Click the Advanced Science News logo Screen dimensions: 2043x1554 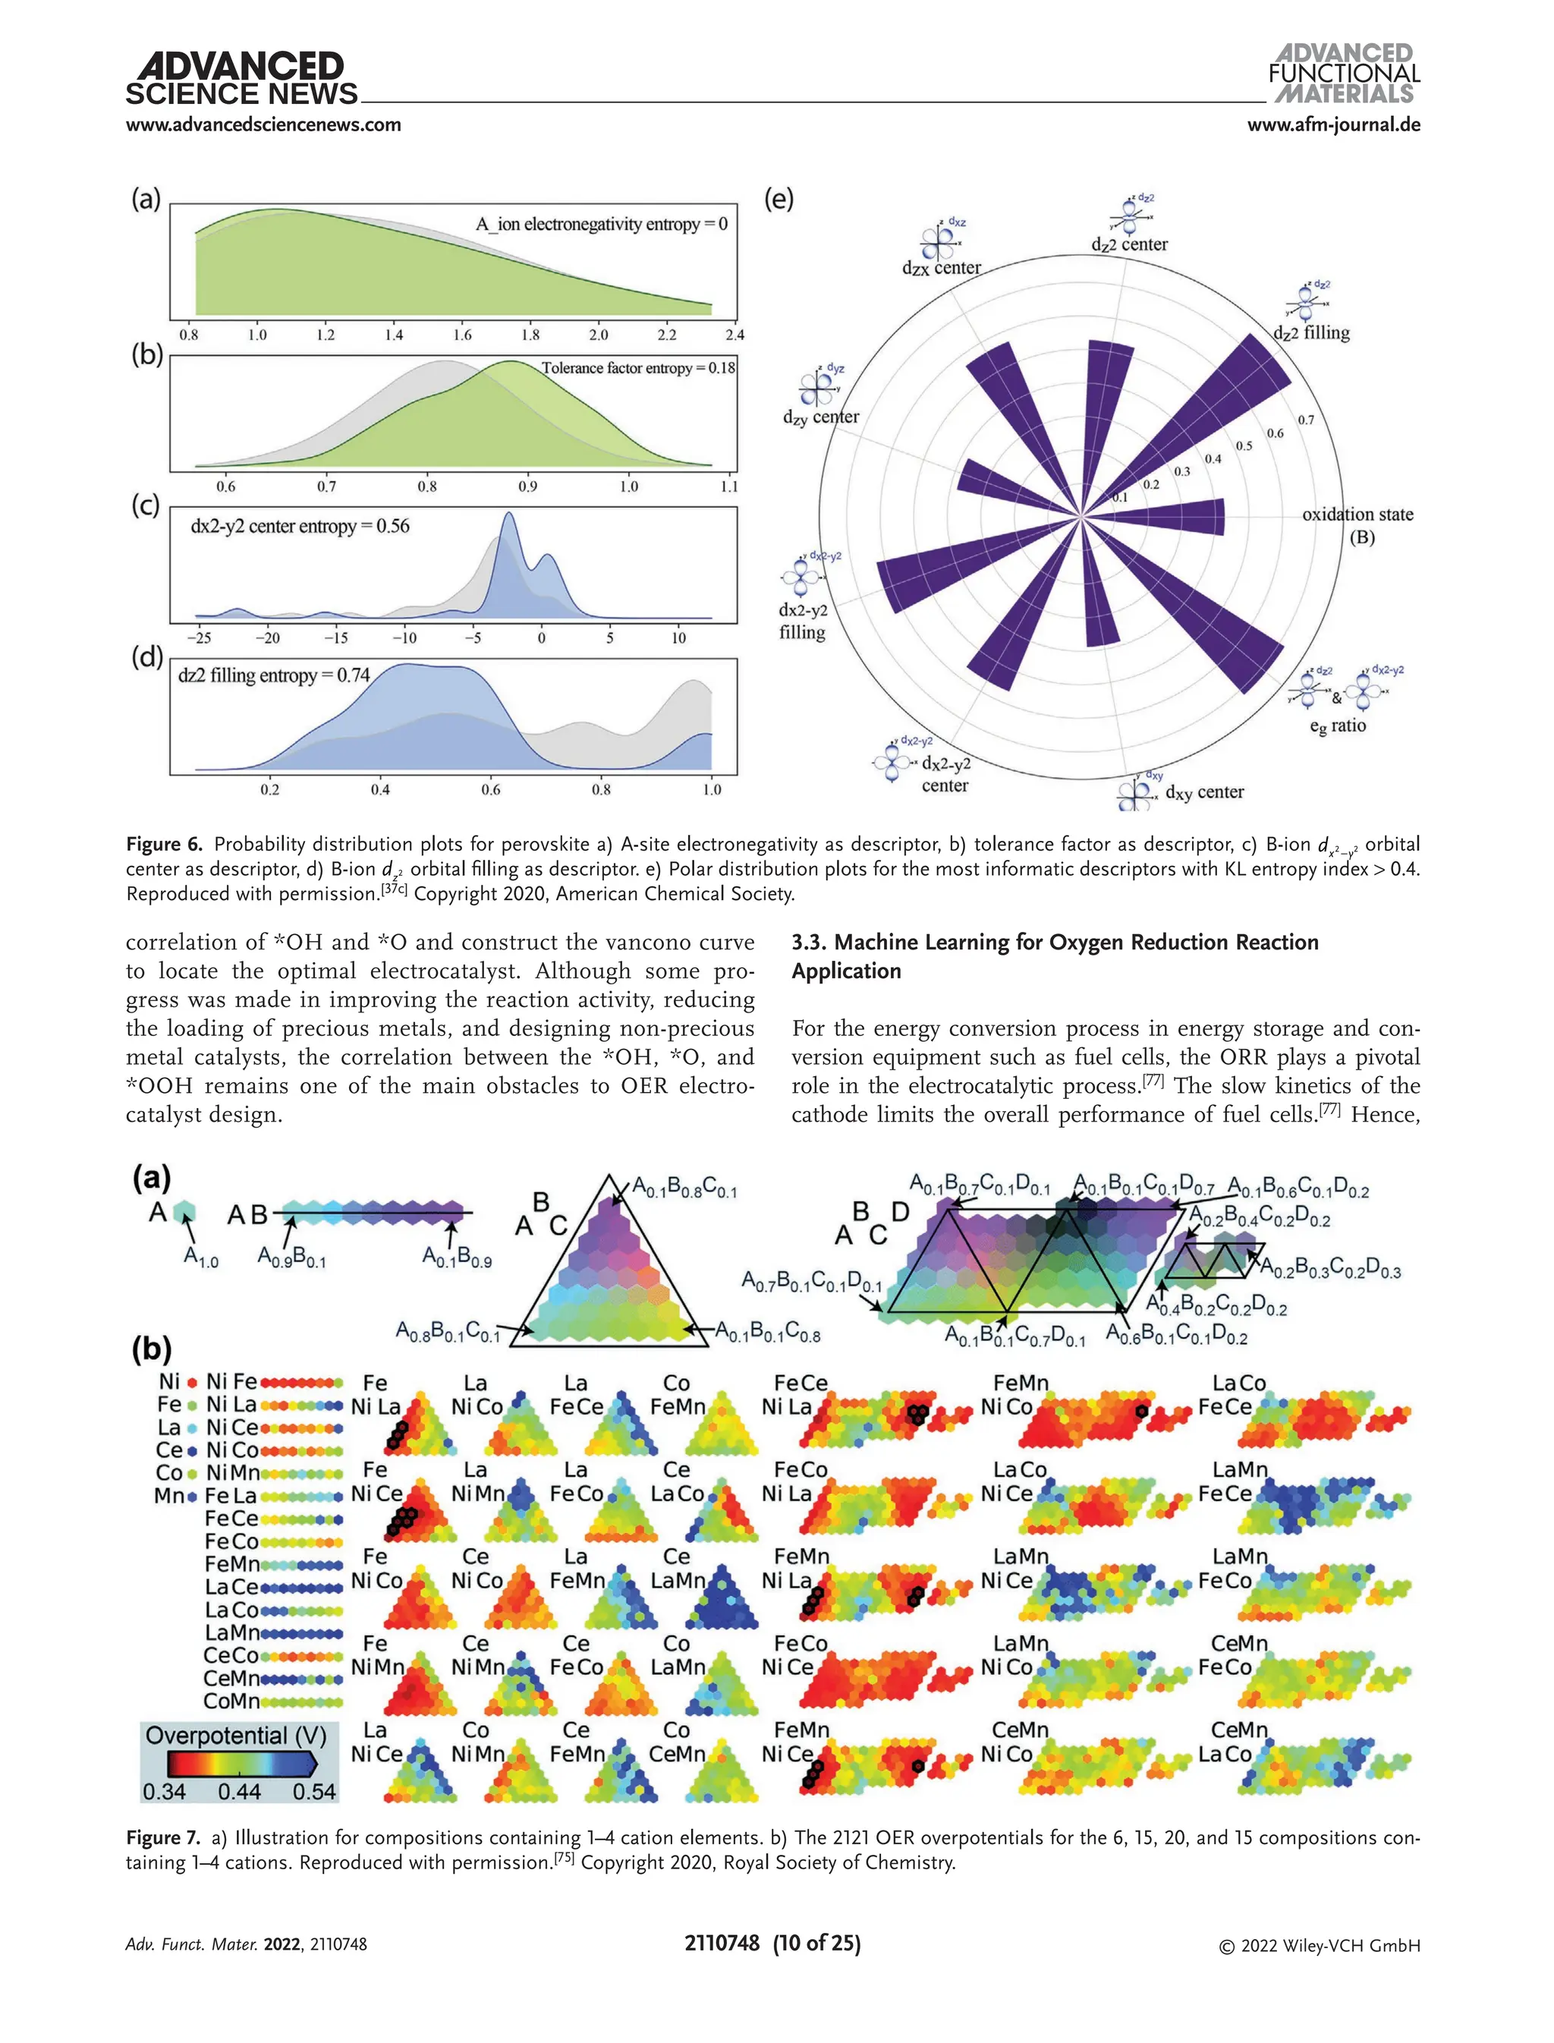pyautogui.click(x=241, y=79)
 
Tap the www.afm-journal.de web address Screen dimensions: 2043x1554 pyautogui.click(x=1333, y=125)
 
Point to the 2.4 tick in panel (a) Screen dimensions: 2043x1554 pyautogui.click(x=735, y=335)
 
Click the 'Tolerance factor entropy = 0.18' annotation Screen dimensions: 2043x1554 pyautogui.click(x=638, y=368)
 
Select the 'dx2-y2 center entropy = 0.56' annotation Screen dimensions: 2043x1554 pyautogui.click(x=300, y=527)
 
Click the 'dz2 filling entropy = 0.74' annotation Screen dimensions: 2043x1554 pyautogui.click(x=274, y=675)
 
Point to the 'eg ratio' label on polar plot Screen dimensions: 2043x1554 pyautogui.click(x=1338, y=726)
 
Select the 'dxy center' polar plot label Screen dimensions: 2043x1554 pyautogui.click(x=1204, y=792)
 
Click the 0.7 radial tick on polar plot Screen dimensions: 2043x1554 pyautogui.click(x=1305, y=420)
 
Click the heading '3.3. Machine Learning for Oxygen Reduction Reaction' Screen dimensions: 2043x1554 pyautogui.click(x=1055, y=942)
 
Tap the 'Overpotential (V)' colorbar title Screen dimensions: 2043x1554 pyautogui.click(x=236, y=1735)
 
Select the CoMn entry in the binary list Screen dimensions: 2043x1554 pyautogui.click(x=231, y=1701)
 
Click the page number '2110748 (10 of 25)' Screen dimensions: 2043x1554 pyautogui.click(x=772, y=1943)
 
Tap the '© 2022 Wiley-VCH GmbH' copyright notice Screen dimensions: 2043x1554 pyautogui.click(x=1319, y=1945)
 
